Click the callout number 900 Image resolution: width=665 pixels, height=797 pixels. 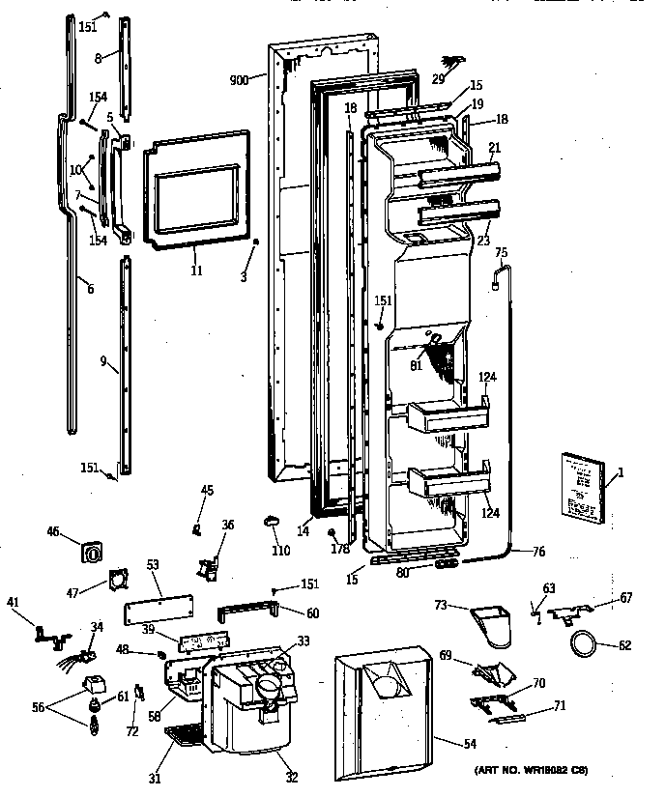tap(239, 80)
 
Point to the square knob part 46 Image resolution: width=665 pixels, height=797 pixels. tap(93, 554)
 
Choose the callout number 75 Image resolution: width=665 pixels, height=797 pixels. tap(501, 253)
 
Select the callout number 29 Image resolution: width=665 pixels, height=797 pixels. tap(440, 77)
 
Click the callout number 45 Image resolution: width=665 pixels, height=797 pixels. tap(207, 491)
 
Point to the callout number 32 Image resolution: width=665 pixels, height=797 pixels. tap(292, 778)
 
